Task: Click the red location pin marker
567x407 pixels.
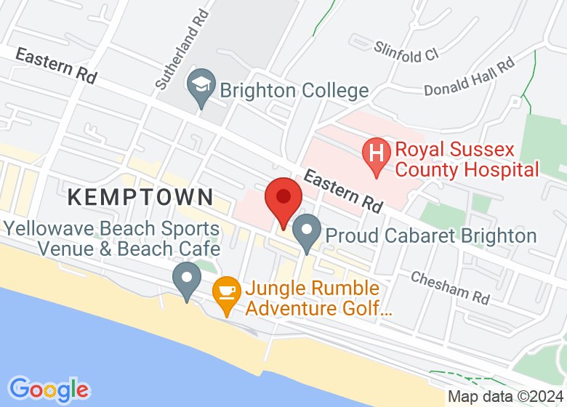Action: [x=283, y=201]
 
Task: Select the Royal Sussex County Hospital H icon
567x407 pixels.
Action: [x=377, y=154]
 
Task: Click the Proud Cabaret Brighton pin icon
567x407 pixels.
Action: [x=307, y=232]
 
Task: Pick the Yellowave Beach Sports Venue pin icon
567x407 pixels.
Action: [x=187, y=279]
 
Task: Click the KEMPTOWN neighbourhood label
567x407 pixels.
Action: [x=142, y=196]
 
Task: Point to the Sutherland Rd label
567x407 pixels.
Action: [x=182, y=49]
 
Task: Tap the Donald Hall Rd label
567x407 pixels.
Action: [x=469, y=76]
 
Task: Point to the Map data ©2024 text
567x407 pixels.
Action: [x=505, y=397]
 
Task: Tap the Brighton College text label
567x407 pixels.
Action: [x=294, y=91]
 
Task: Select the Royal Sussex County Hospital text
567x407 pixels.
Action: [x=466, y=160]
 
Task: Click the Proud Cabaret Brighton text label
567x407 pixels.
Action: [x=430, y=235]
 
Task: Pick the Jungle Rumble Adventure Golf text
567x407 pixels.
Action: [x=318, y=298]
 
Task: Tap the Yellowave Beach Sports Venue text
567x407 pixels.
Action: [x=113, y=238]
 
